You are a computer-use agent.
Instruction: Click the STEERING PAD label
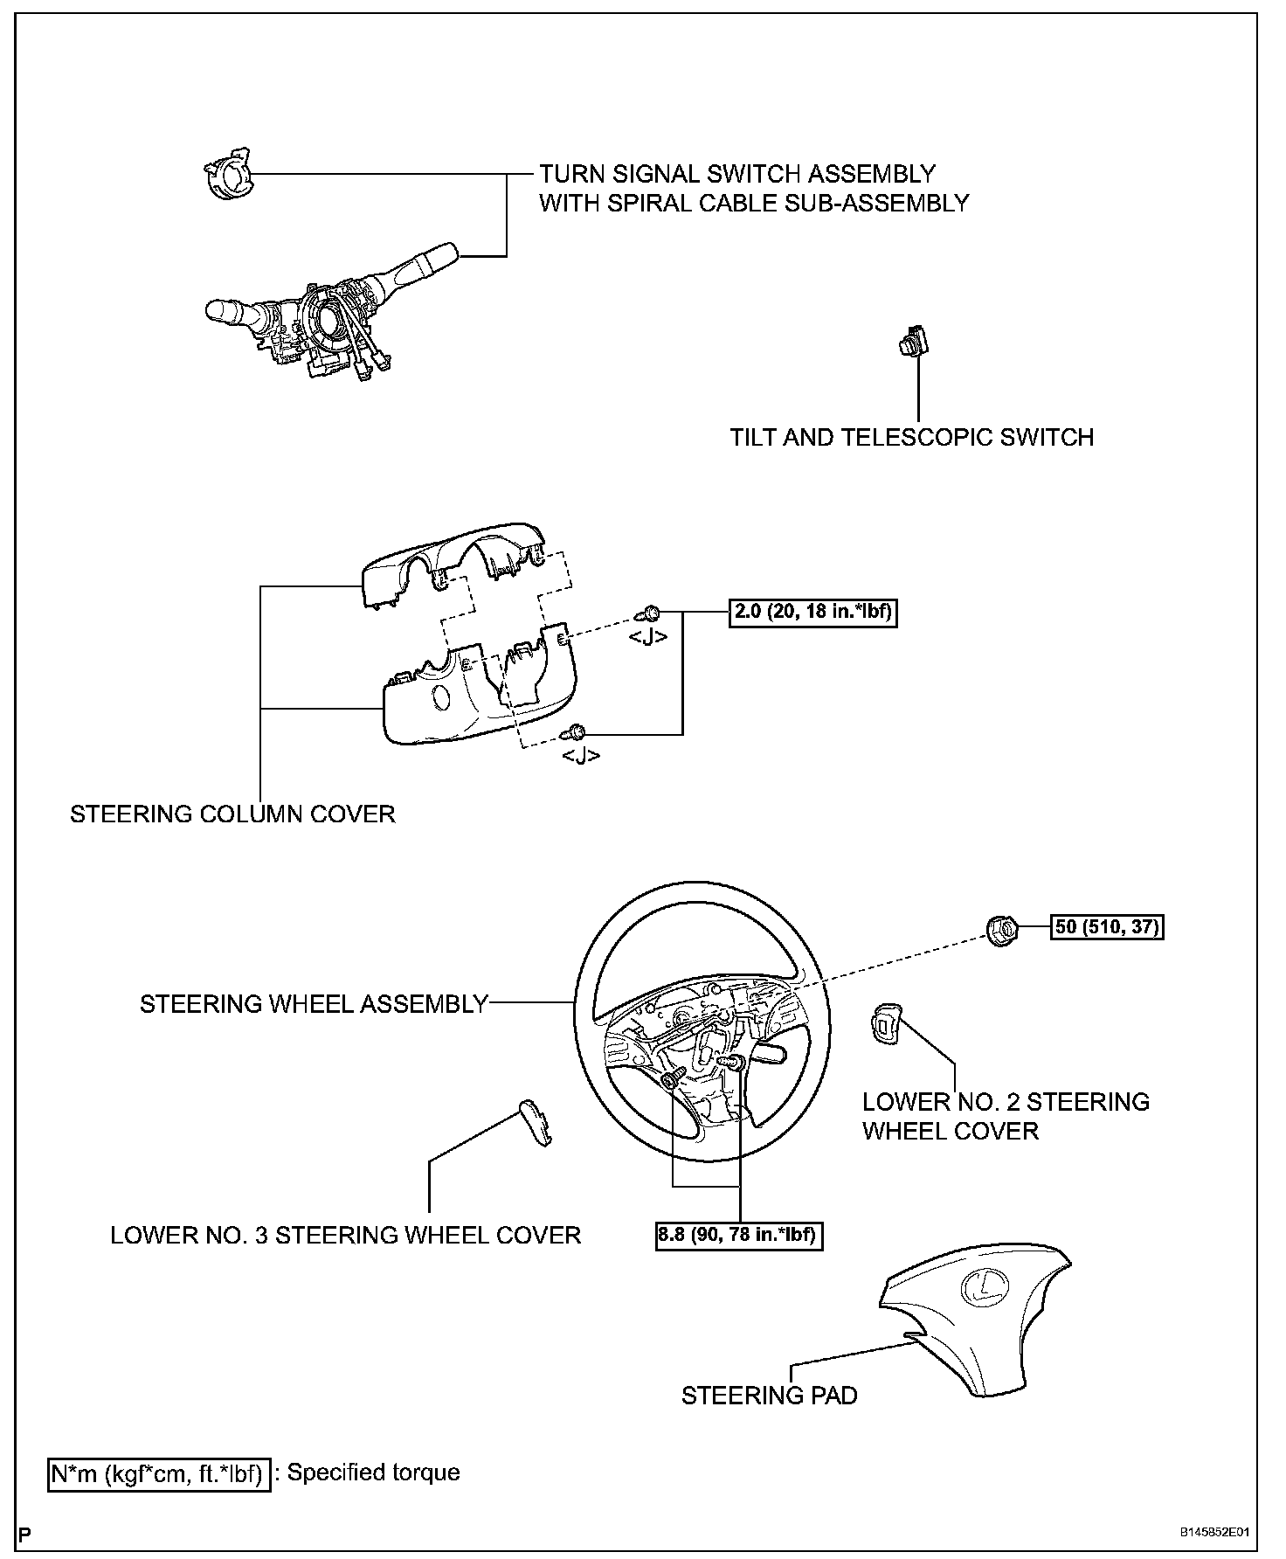(769, 1396)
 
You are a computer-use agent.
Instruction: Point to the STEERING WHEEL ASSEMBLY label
(314, 1004)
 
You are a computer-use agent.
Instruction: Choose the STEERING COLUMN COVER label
(232, 814)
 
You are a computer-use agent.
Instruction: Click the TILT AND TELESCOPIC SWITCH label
(911, 437)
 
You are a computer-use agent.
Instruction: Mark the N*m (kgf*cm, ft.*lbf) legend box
(158, 1474)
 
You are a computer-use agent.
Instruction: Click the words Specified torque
(374, 1472)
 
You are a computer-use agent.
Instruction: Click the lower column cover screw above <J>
(578, 731)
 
